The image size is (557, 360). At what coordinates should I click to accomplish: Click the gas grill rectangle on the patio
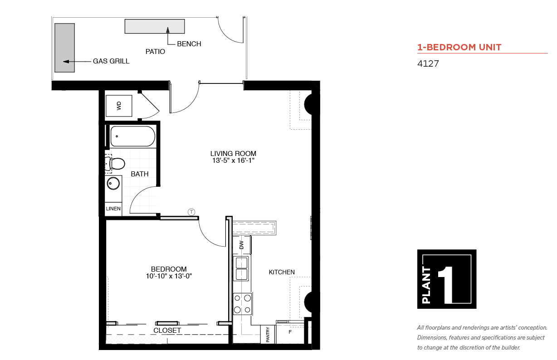(x=65, y=48)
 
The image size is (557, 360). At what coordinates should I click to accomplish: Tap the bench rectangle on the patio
(x=155, y=26)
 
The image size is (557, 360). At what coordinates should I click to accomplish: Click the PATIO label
(x=155, y=52)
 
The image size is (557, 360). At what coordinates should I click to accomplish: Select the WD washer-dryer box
(x=119, y=106)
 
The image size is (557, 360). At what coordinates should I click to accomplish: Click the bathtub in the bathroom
(x=133, y=136)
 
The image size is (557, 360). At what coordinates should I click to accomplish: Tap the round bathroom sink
(x=113, y=184)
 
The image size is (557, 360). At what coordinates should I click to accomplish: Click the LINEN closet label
(x=113, y=209)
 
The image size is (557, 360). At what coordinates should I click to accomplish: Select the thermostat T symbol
(x=191, y=212)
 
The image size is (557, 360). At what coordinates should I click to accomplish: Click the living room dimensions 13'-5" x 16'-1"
(x=233, y=161)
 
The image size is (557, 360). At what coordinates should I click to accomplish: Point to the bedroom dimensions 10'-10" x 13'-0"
(x=169, y=276)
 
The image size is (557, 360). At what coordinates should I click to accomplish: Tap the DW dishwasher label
(x=241, y=245)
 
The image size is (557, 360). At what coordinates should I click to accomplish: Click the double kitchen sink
(x=241, y=268)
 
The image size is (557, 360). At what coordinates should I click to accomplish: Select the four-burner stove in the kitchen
(x=243, y=304)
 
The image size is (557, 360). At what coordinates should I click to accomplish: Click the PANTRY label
(x=268, y=335)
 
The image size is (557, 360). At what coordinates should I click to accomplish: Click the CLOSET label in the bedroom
(x=167, y=331)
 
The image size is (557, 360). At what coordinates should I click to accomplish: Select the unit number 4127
(x=428, y=63)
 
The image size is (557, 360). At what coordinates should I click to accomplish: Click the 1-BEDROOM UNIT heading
(x=459, y=47)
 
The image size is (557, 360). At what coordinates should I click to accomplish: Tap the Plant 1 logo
(x=447, y=279)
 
